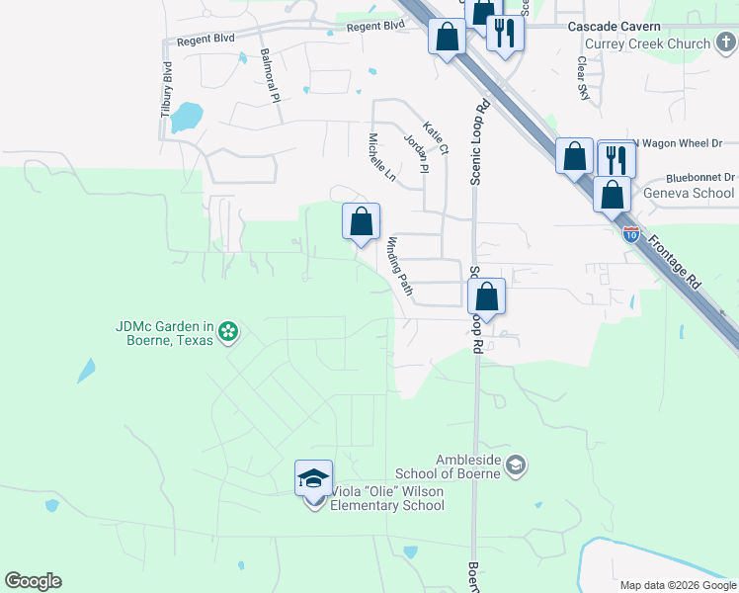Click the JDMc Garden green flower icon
[228, 331]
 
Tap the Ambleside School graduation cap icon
[515, 465]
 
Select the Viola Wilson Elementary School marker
[314, 480]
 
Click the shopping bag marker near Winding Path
[361, 221]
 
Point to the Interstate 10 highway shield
[631, 234]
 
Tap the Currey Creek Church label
[661, 43]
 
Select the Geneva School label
[689, 193]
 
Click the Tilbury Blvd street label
[167, 91]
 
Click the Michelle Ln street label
[381, 157]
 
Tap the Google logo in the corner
[33, 581]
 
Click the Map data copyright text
[677, 585]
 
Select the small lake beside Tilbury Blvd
[185, 119]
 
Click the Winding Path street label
[399, 266]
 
